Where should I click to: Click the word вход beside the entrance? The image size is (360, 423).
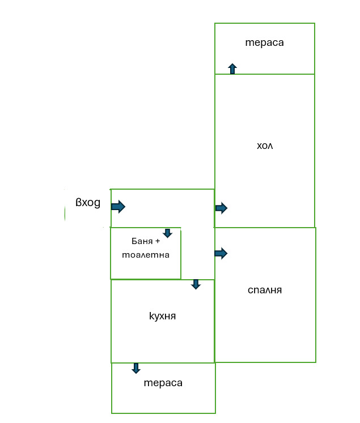click(x=88, y=203)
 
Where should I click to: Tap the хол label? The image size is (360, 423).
click(x=265, y=146)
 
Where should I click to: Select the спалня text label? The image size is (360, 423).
click(x=265, y=290)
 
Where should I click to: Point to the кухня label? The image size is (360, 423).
click(x=162, y=316)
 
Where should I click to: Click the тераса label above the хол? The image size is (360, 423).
click(x=264, y=42)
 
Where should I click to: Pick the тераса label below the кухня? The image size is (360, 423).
click(x=163, y=383)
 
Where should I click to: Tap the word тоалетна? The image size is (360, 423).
click(x=146, y=255)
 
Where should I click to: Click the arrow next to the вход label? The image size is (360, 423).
click(x=118, y=207)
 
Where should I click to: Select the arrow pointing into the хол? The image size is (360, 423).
click(x=221, y=208)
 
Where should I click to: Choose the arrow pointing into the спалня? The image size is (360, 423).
click(x=221, y=253)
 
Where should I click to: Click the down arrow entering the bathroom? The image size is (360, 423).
click(x=167, y=233)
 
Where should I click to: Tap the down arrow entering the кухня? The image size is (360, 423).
click(x=196, y=284)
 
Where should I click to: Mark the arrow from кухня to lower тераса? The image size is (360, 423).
click(x=136, y=368)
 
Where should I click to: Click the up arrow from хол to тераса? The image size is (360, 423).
click(x=232, y=69)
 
